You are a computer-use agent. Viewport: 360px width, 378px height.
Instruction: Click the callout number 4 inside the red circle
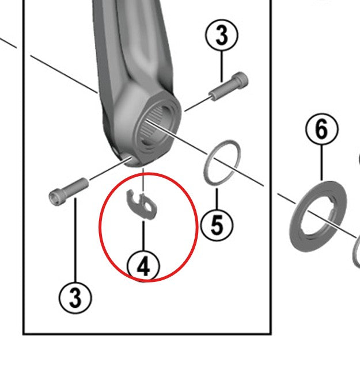144,266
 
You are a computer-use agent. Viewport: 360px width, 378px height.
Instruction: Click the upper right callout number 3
222,36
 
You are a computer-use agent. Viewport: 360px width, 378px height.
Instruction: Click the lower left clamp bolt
69,190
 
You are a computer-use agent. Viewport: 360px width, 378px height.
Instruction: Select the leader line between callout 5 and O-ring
217,198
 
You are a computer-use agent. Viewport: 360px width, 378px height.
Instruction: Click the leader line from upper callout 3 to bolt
222,64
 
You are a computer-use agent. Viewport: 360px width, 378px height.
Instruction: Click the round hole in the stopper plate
148,205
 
